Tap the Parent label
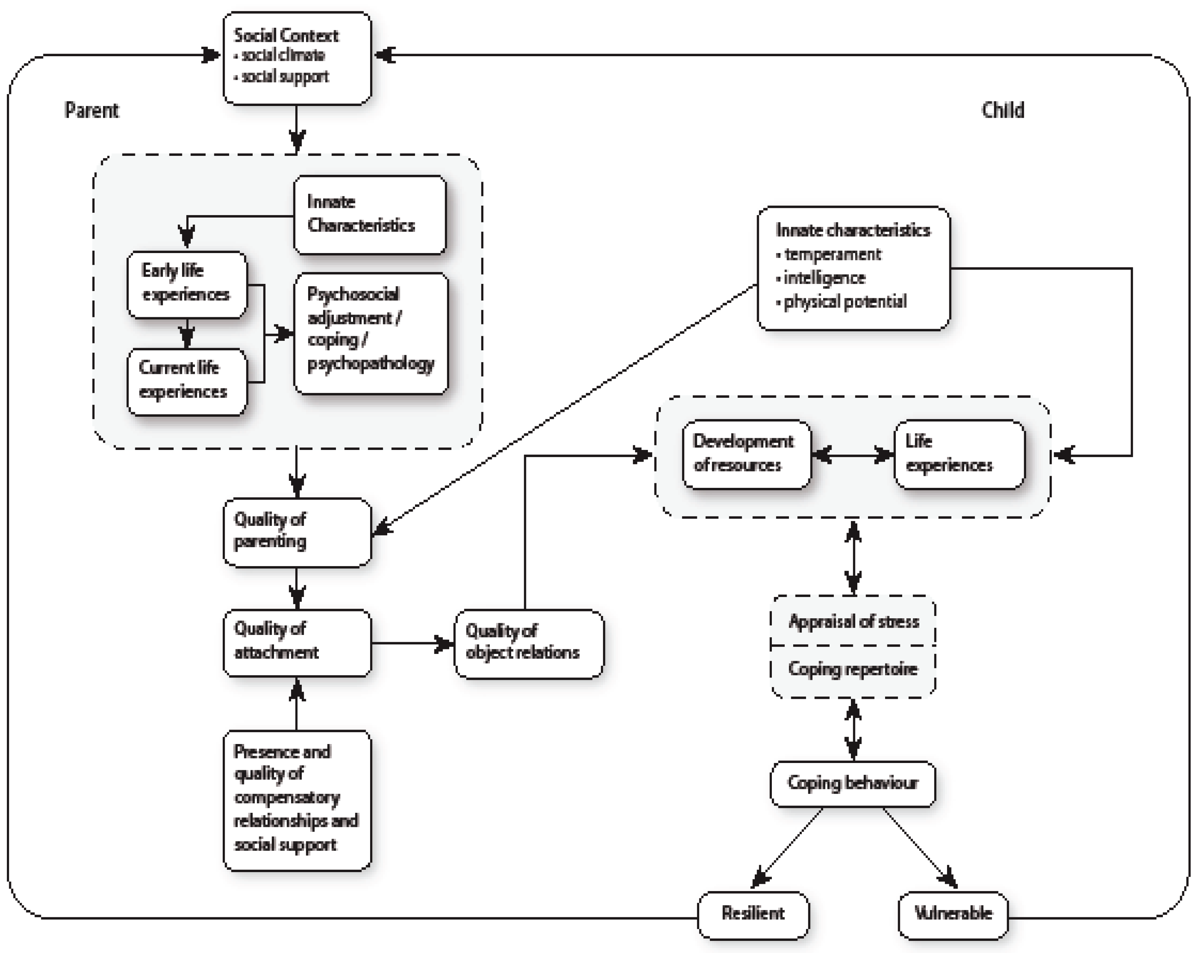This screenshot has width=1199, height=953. point(92,110)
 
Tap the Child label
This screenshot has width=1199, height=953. point(1002,110)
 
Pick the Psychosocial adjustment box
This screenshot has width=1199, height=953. point(371,332)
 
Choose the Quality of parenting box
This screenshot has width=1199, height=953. point(297,532)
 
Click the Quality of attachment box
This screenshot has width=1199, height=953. point(297,642)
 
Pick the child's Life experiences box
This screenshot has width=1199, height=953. point(959,454)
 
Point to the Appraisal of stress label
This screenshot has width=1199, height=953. point(853,621)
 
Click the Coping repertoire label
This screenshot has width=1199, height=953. point(853,669)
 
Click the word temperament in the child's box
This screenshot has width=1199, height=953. point(833,255)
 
